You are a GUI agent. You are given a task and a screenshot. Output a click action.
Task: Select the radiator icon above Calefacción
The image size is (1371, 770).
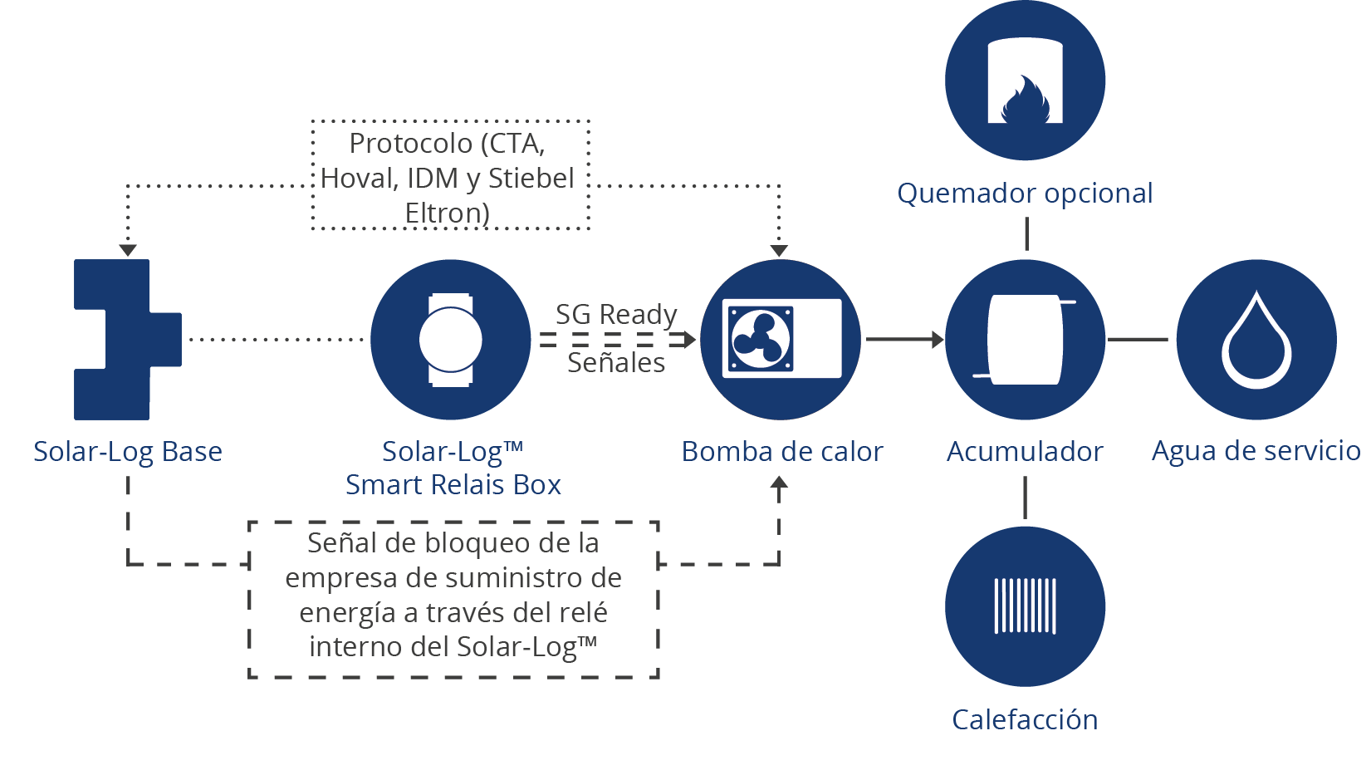click(1025, 606)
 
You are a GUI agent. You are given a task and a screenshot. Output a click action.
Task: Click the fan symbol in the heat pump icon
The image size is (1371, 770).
click(760, 339)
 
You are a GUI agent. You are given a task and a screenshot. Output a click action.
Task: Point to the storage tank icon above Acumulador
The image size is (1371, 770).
click(1025, 339)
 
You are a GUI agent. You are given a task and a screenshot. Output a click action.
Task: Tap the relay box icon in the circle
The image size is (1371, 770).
click(450, 339)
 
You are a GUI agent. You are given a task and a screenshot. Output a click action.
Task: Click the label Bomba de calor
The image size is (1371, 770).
click(781, 451)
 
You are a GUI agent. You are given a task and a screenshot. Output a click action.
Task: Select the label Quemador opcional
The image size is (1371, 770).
click(1025, 193)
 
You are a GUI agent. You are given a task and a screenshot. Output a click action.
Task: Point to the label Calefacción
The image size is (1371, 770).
click(1025, 719)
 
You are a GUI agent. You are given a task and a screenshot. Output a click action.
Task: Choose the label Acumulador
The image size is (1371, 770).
click(1025, 451)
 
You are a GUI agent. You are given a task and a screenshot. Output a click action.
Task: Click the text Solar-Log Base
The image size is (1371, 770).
click(127, 451)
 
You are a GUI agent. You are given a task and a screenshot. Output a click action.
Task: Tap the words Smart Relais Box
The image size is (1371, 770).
click(453, 484)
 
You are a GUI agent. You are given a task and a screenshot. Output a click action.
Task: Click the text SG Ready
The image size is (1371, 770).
click(616, 314)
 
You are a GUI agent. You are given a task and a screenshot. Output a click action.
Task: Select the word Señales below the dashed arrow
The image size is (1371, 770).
click(616, 362)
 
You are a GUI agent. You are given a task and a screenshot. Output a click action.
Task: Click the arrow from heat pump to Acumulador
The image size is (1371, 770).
click(903, 339)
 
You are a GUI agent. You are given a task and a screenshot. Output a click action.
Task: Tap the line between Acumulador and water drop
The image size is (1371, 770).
click(1138, 339)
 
